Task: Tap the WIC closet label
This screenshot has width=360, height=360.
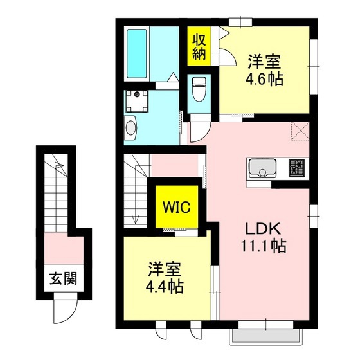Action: [x=175, y=207]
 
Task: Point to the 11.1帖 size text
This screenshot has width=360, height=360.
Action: [x=264, y=246]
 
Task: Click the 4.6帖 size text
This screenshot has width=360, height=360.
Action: [x=265, y=80]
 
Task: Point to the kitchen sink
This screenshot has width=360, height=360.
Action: [x=262, y=169]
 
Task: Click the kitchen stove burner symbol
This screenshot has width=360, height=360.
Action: [x=296, y=168]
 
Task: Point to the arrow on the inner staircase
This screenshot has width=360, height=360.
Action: [x=136, y=217]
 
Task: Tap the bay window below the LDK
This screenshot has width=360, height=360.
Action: [x=261, y=335]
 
